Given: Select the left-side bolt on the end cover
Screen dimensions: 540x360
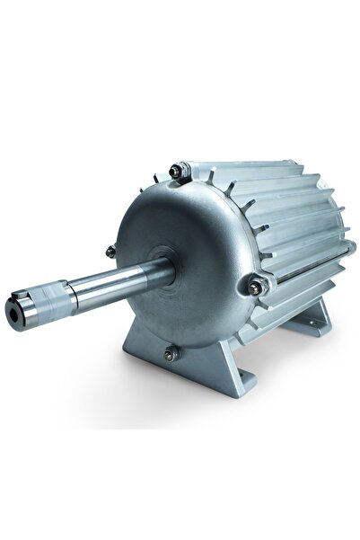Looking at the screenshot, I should tap(110, 252).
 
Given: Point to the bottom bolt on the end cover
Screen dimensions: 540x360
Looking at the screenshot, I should tap(169, 355).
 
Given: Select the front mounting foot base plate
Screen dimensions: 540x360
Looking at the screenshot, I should tap(193, 382).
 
